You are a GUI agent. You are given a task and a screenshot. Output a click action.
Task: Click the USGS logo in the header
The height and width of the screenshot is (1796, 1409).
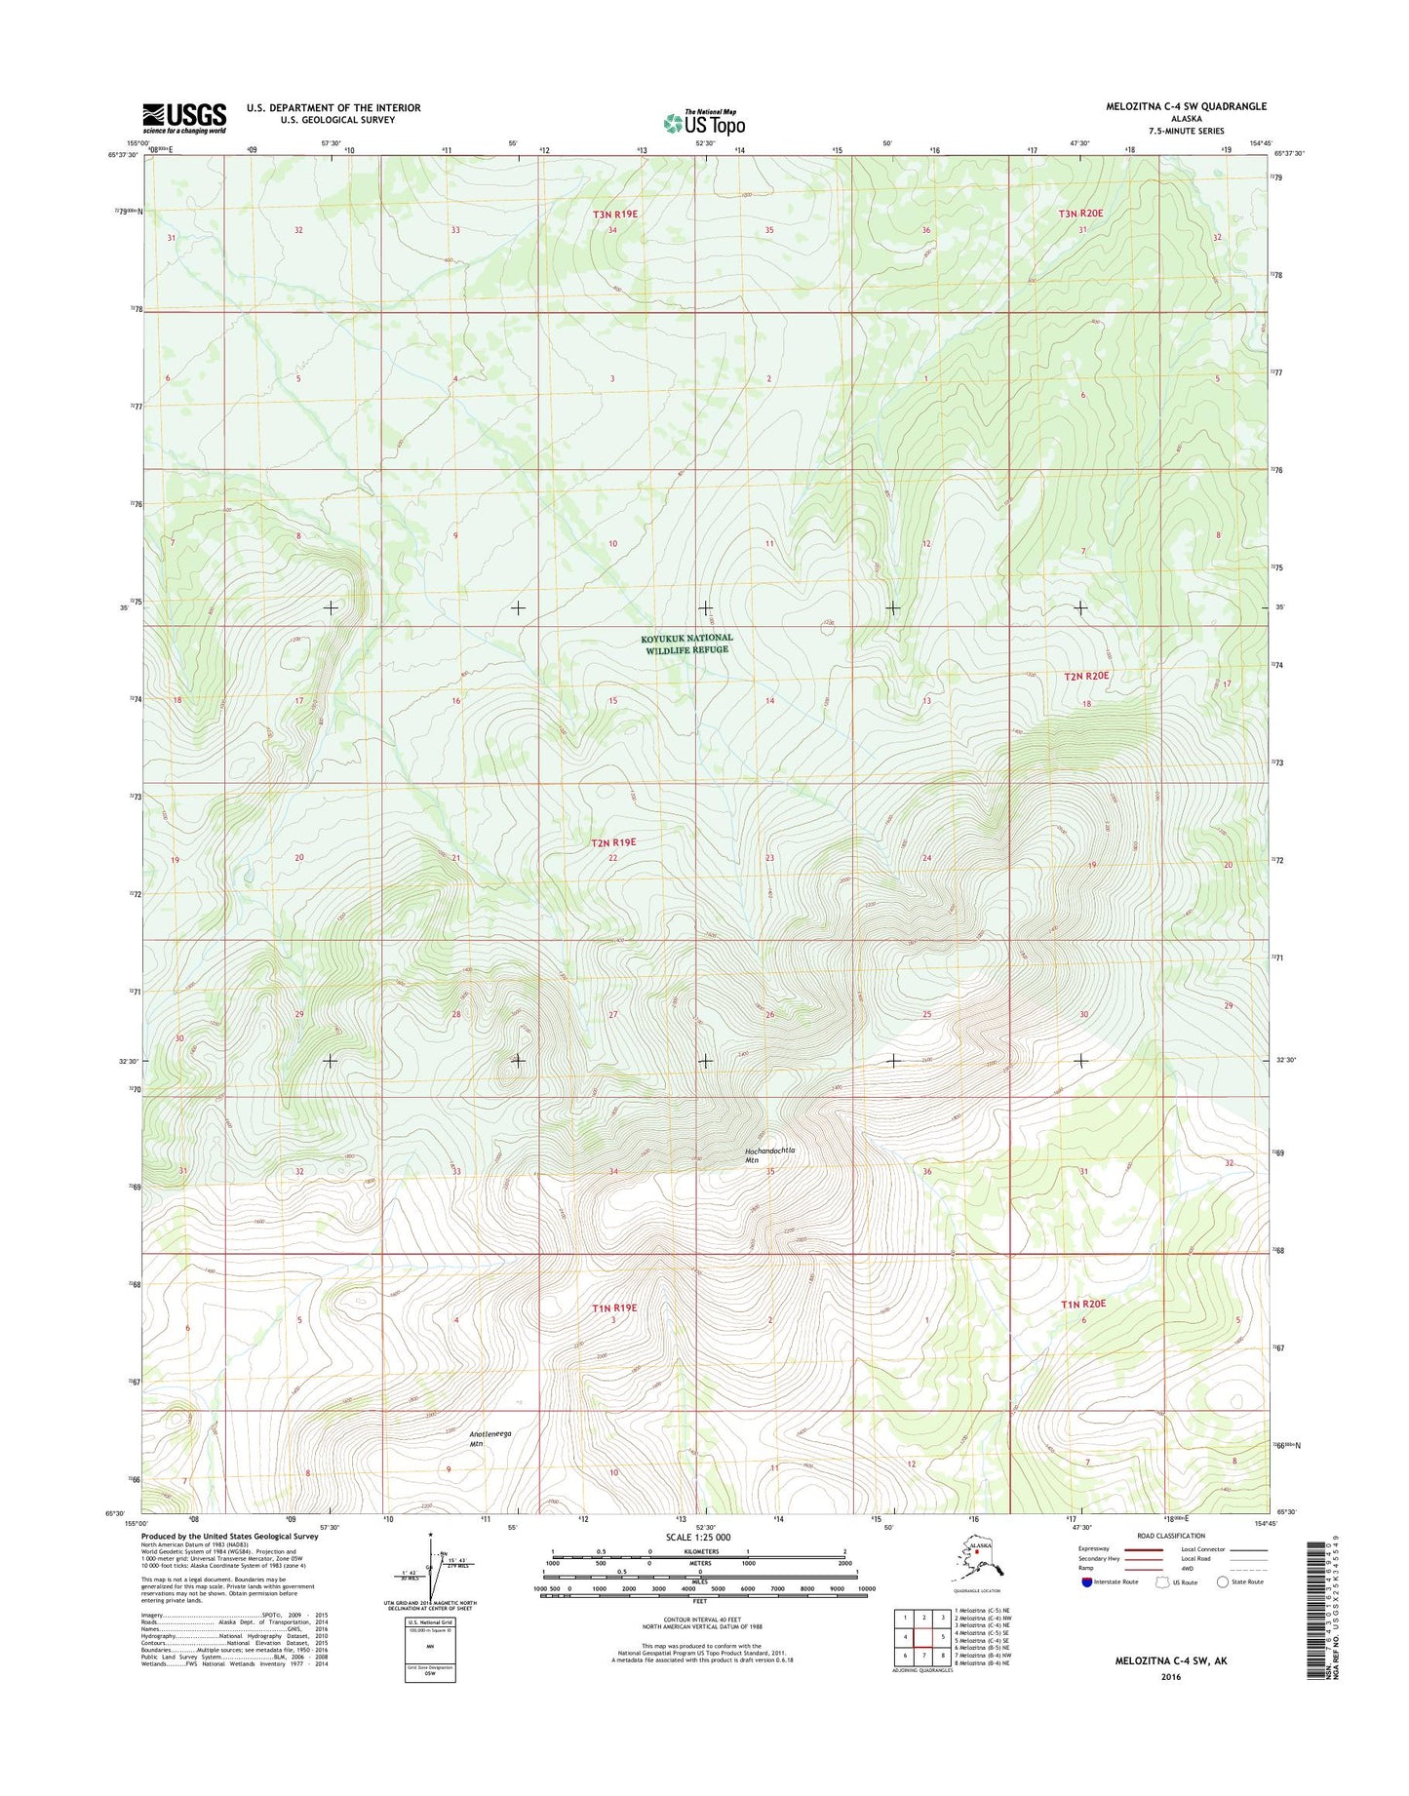coord(184,118)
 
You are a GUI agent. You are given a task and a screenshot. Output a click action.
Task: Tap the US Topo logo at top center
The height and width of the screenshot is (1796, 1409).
coord(704,123)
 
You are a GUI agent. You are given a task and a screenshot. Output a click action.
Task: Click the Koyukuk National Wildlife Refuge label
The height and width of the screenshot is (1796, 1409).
coord(686,644)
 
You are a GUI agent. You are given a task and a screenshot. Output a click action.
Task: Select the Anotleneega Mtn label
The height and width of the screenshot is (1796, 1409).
coord(489,1438)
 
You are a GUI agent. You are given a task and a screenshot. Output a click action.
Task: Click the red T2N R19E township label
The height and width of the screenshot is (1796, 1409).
coord(613,841)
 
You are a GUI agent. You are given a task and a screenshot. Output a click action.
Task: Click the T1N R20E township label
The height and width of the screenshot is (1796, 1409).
coord(1083,1304)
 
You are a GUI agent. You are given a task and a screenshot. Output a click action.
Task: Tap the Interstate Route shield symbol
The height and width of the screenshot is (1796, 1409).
coord(1087,1581)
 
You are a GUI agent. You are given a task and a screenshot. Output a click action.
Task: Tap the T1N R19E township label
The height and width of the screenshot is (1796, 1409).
coord(613,1308)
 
